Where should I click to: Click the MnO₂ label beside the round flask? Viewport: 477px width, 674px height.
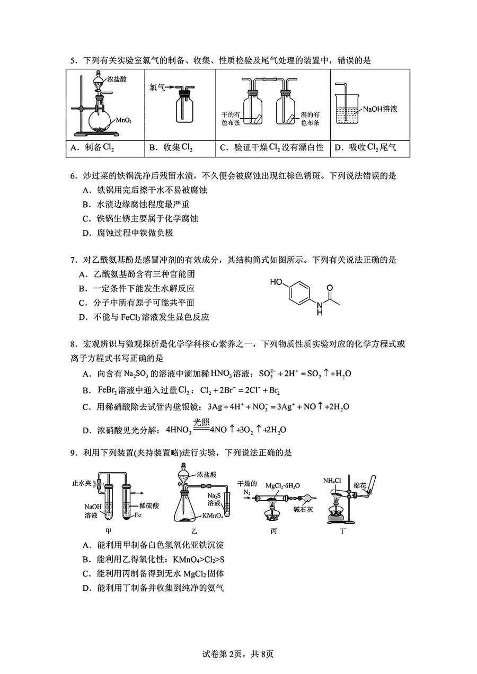click(x=123, y=121)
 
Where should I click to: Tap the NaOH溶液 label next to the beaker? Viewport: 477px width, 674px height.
click(x=380, y=109)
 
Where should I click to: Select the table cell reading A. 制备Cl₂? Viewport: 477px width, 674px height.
click(x=92, y=148)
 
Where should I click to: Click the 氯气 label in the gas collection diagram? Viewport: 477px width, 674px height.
click(x=157, y=86)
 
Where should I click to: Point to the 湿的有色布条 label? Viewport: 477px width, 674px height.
click(x=310, y=119)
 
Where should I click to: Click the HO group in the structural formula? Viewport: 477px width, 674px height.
click(x=276, y=282)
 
